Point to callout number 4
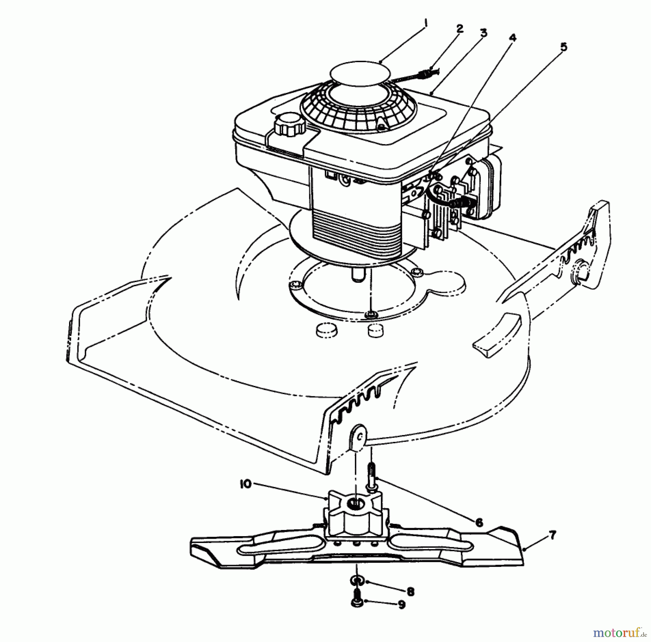coord(512,38)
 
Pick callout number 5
coord(563,47)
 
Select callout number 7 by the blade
coord(552,535)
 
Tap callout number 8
coord(410,591)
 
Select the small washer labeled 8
coord(356,581)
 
